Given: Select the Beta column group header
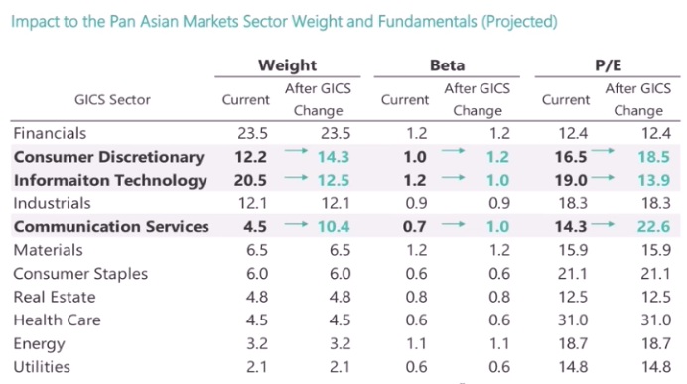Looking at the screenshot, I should coord(447,65).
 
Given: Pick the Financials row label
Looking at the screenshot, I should coord(50,133).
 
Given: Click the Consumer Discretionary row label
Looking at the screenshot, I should coord(108,157).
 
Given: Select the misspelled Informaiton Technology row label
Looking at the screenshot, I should coord(110,180).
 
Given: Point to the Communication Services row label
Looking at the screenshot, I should coord(111,226).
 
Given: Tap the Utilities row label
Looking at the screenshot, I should coord(41,367).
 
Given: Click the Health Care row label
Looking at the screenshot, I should coord(54,320).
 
